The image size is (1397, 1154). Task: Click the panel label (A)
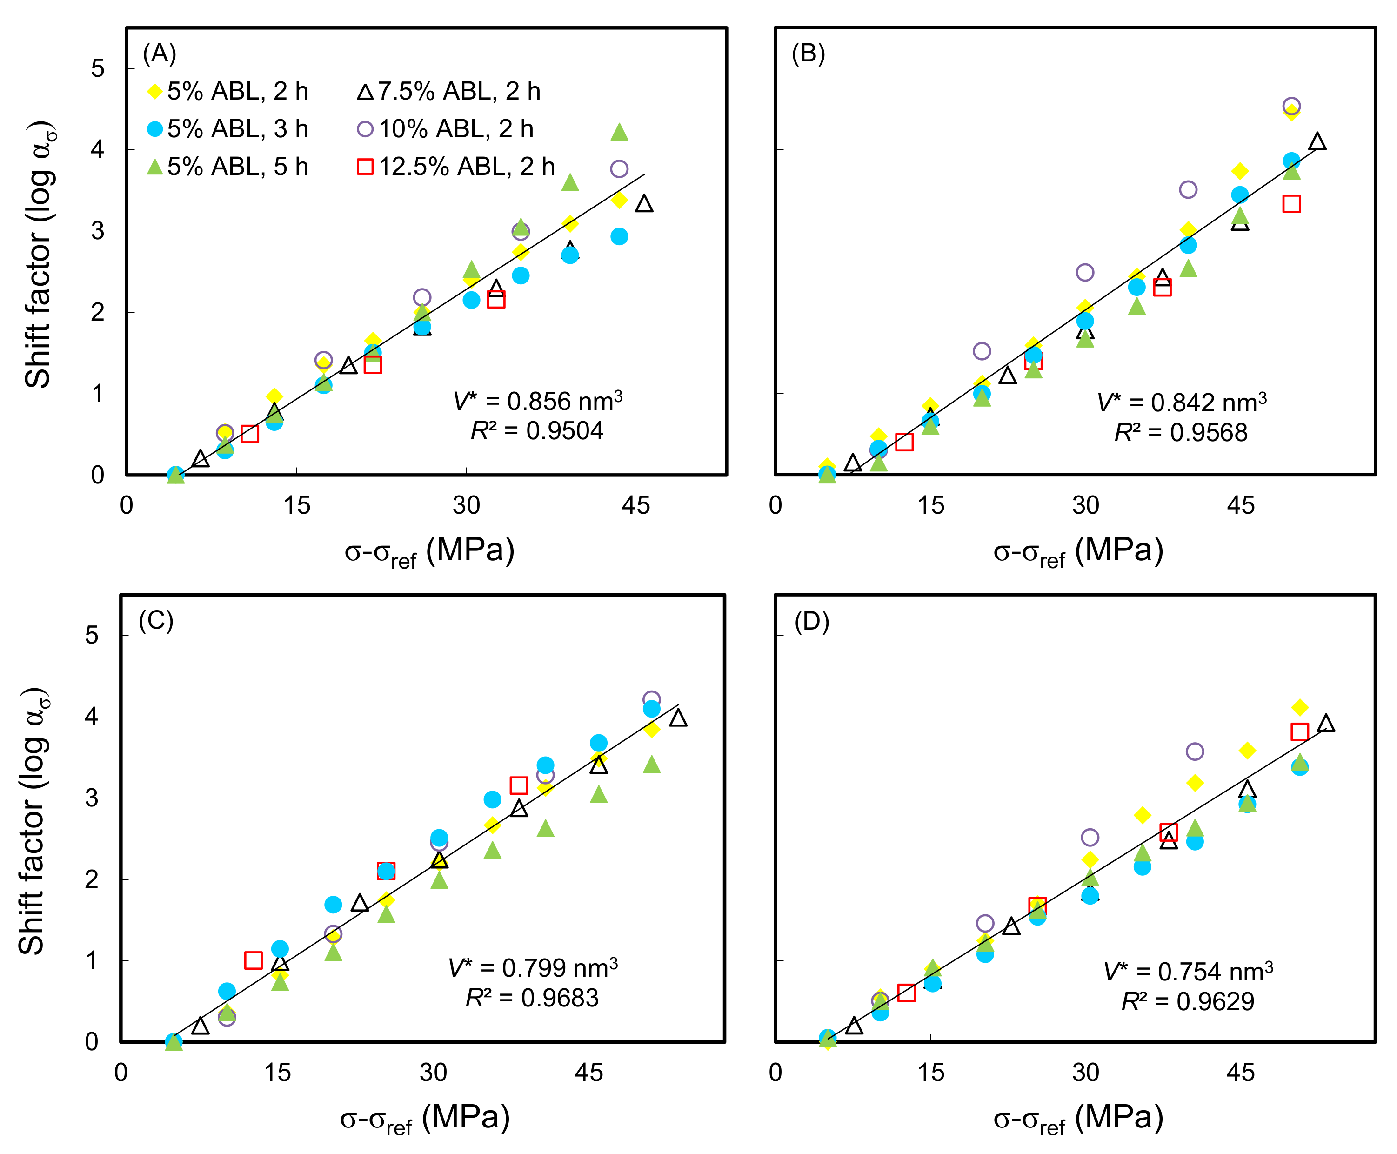point(160,53)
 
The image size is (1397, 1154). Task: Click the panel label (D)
point(811,622)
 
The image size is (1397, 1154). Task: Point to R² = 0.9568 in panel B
point(1180,433)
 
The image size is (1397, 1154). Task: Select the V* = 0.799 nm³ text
point(532,968)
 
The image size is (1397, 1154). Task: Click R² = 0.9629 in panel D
point(1187,1001)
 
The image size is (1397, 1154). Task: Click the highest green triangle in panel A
point(619,132)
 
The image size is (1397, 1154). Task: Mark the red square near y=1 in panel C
point(253,960)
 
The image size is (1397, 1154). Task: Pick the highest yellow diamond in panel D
point(1299,707)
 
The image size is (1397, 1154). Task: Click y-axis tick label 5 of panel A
point(98,68)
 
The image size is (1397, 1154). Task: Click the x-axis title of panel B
point(1078,551)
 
